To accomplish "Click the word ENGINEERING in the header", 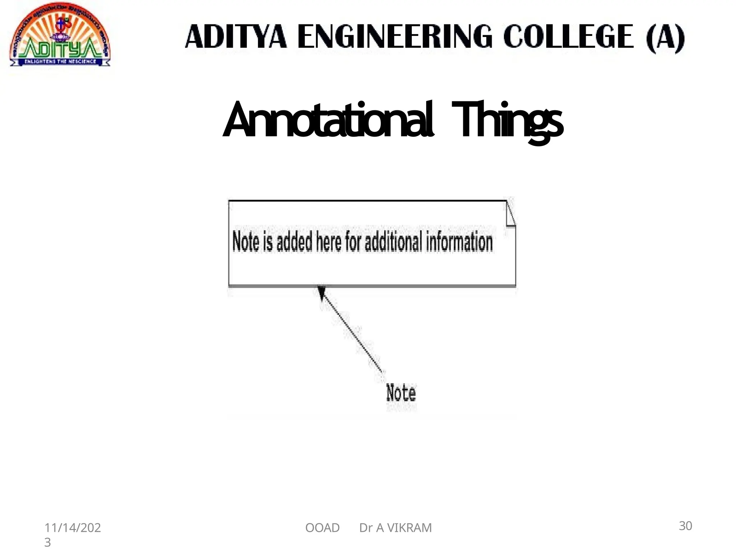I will pyautogui.click(x=395, y=37).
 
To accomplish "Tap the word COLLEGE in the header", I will pyautogui.click(x=568, y=37).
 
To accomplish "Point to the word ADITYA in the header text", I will pyautogui.click(x=236, y=37).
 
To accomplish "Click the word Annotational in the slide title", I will pyautogui.click(x=328, y=120).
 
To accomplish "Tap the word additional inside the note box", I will pyautogui.click(x=394, y=241).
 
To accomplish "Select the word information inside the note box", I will pyautogui.click(x=459, y=241).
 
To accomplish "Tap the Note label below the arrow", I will pyautogui.click(x=401, y=392).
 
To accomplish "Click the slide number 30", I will pyautogui.click(x=685, y=526).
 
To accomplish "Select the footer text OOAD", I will pyautogui.click(x=322, y=528).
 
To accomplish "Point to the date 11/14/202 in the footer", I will pyautogui.click(x=73, y=528).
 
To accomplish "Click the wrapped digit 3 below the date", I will pyautogui.click(x=47, y=542).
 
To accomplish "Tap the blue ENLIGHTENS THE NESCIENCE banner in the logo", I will pyautogui.click(x=60, y=61).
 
